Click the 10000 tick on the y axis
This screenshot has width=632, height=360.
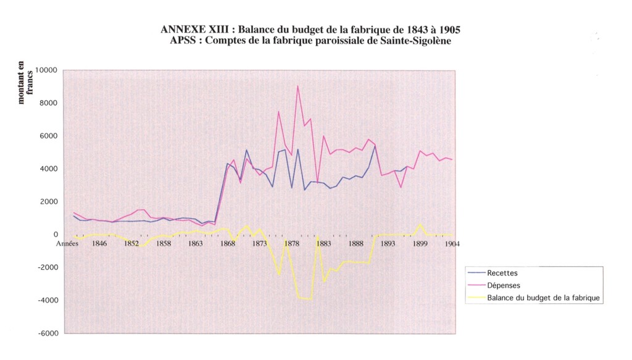click(x=47, y=70)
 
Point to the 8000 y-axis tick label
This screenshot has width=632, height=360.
click(x=49, y=103)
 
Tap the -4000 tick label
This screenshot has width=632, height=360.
click(x=47, y=301)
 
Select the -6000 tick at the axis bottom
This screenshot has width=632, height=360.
click(x=47, y=333)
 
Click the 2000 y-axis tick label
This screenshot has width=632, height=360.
click(x=49, y=202)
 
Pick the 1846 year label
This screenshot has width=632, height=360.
click(x=99, y=243)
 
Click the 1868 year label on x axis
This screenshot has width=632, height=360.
click(x=227, y=243)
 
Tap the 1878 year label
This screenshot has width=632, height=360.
click(x=292, y=243)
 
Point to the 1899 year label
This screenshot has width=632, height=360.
click(x=420, y=243)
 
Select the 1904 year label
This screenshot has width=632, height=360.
click(x=451, y=243)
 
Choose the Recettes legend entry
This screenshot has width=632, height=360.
click(x=502, y=273)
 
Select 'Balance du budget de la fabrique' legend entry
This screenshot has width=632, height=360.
click(x=543, y=298)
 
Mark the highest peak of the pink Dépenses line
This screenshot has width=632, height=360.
click(x=297, y=86)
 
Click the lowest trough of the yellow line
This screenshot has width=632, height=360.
click(x=310, y=299)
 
